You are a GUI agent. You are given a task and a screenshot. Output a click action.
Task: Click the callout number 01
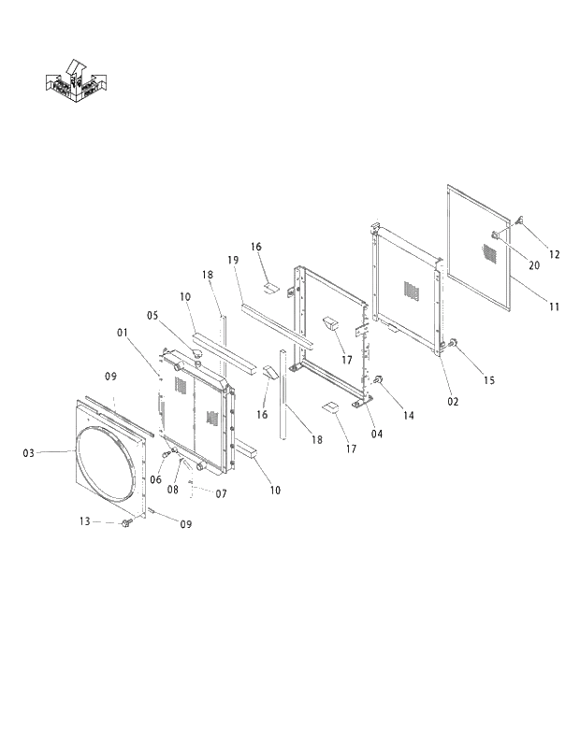coord(123,331)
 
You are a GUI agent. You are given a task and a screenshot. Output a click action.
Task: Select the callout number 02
coord(453,400)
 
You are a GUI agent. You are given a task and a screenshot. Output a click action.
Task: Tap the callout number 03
coord(28,452)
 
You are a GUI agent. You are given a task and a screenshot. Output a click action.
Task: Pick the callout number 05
coord(152,316)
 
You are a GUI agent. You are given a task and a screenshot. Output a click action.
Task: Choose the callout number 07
coord(221,492)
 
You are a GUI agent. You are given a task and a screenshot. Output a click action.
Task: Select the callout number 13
coord(84,521)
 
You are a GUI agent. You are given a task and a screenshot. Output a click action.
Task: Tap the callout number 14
coord(408,415)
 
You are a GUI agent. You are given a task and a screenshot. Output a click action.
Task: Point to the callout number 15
coord(488,379)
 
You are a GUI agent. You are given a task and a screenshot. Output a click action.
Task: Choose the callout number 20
coord(534,265)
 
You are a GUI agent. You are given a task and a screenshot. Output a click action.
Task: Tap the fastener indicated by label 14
coord(380,380)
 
